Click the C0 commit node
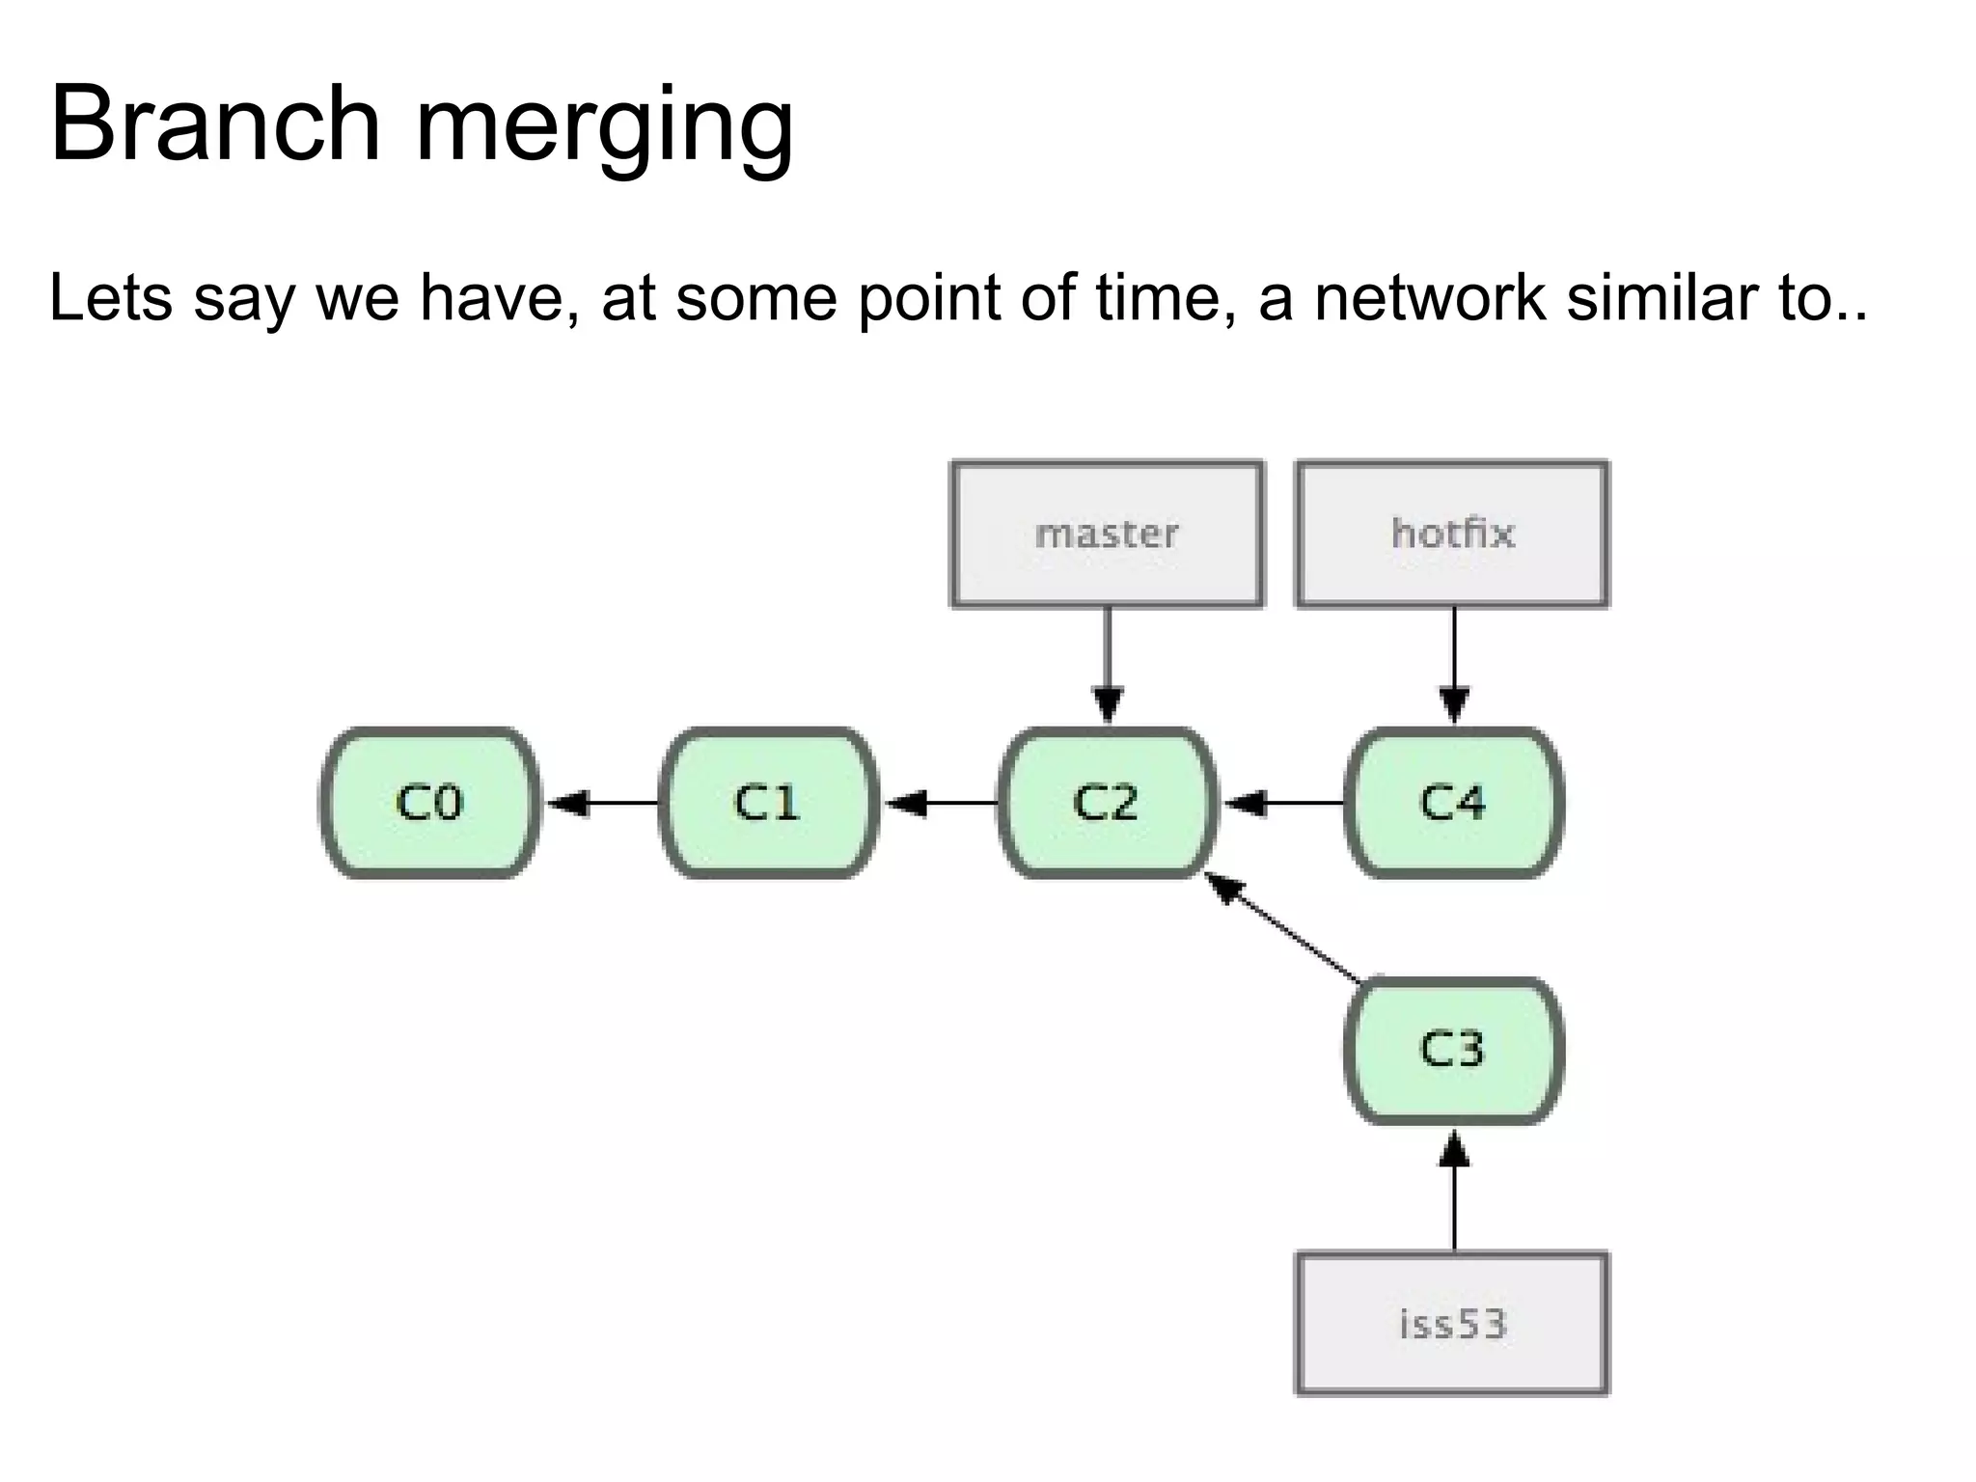coord(429,803)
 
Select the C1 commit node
coord(769,803)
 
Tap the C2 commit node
coord(1107,803)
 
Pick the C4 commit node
coord(1453,803)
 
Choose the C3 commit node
coord(1453,1050)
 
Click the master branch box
coord(1107,535)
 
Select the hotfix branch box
coord(1452,535)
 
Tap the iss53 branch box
coord(1452,1324)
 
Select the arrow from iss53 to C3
coord(1454,1193)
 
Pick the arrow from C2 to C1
coord(941,803)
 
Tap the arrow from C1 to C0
coord(602,803)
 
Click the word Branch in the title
coord(215,125)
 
